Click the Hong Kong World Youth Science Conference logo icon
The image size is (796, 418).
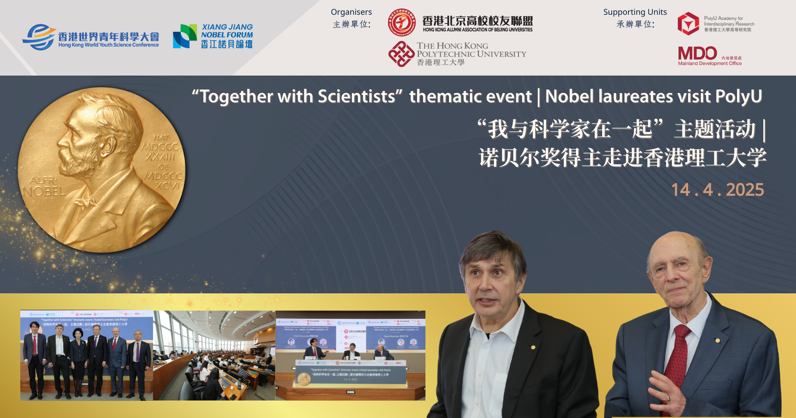pos(39,37)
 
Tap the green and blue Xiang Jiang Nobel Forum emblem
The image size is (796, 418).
pos(185,36)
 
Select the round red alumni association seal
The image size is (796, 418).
pos(402,22)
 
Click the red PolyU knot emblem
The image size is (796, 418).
pos(401,54)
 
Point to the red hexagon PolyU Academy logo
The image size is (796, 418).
pos(688,23)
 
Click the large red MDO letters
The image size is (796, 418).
pos(697,53)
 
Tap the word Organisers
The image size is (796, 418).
pos(351,12)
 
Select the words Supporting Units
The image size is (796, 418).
pos(635,12)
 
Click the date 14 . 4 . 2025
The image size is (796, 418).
pos(717,190)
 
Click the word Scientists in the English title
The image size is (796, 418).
pos(356,97)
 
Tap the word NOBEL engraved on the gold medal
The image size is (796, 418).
pos(44,191)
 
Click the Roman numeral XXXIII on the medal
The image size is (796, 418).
pos(160,156)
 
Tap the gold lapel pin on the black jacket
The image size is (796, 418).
pos(533,348)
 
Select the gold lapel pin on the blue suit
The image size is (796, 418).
pos(717,341)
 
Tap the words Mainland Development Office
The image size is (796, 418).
pos(710,64)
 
